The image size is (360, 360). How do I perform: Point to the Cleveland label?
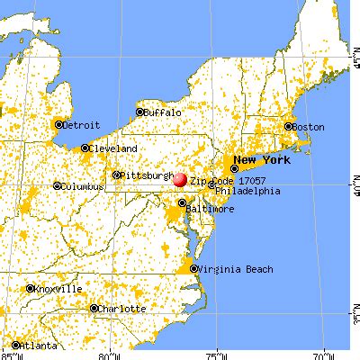click(x=112, y=148)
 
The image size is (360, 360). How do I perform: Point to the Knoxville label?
click(x=58, y=289)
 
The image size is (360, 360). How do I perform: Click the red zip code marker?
click(x=180, y=179)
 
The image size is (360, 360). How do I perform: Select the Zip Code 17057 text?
click(x=222, y=180)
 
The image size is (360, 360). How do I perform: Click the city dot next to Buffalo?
click(x=140, y=112)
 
